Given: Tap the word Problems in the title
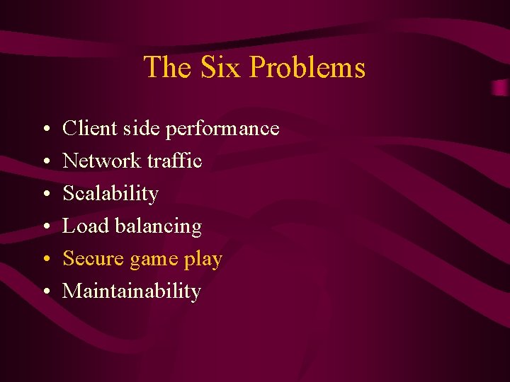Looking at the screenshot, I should (x=307, y=68).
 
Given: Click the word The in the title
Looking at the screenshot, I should (x=169, y=68).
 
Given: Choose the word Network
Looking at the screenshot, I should (x=102, y=161).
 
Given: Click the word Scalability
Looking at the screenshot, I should (x=110, y=194).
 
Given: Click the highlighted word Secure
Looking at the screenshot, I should (x=93, y=259).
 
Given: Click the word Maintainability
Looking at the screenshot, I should (x=132, y=291).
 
